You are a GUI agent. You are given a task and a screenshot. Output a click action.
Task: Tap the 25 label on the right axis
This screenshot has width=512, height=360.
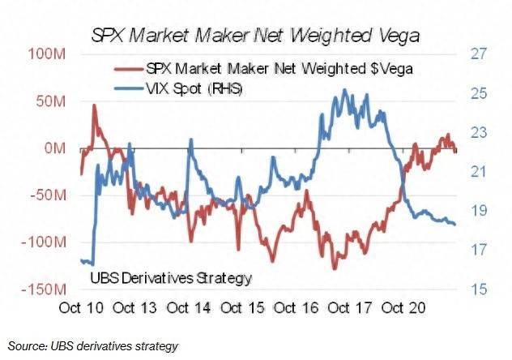click(x=477, y=94)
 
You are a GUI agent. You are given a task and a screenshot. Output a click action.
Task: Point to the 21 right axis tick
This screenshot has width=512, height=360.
click(x=477, y=172)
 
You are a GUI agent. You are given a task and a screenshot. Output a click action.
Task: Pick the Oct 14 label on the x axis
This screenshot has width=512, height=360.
click(x=190, y=308)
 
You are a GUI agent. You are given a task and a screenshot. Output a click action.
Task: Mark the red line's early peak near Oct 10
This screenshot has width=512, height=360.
click(x=95, y=105)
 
